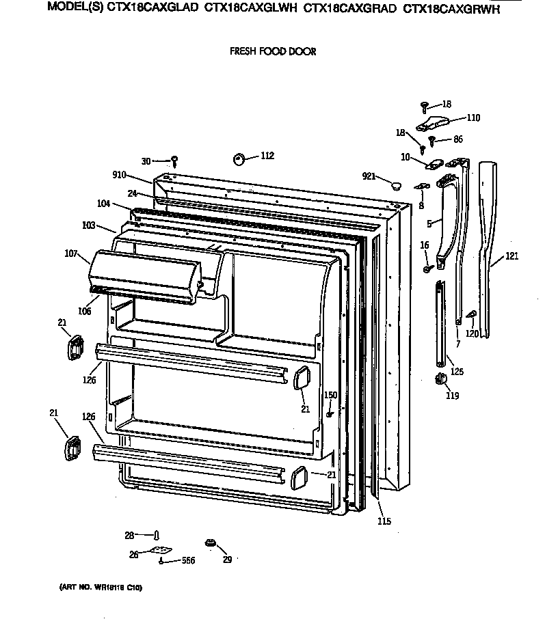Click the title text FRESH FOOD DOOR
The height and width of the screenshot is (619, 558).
point(272,51)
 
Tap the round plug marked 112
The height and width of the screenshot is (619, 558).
point(239,159)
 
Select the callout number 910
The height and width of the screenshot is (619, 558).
point(120,176)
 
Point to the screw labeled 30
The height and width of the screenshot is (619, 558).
point(175,161)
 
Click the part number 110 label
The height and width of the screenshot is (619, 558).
point(473,118)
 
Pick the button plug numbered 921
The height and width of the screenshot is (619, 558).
point(395,184)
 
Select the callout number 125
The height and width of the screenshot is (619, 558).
point(456,372)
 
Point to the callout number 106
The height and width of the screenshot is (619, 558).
point(84,311)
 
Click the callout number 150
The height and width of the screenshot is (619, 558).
point(330,396)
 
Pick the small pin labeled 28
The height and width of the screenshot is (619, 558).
point(157,535)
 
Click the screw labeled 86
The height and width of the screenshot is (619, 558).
point(434,140)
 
